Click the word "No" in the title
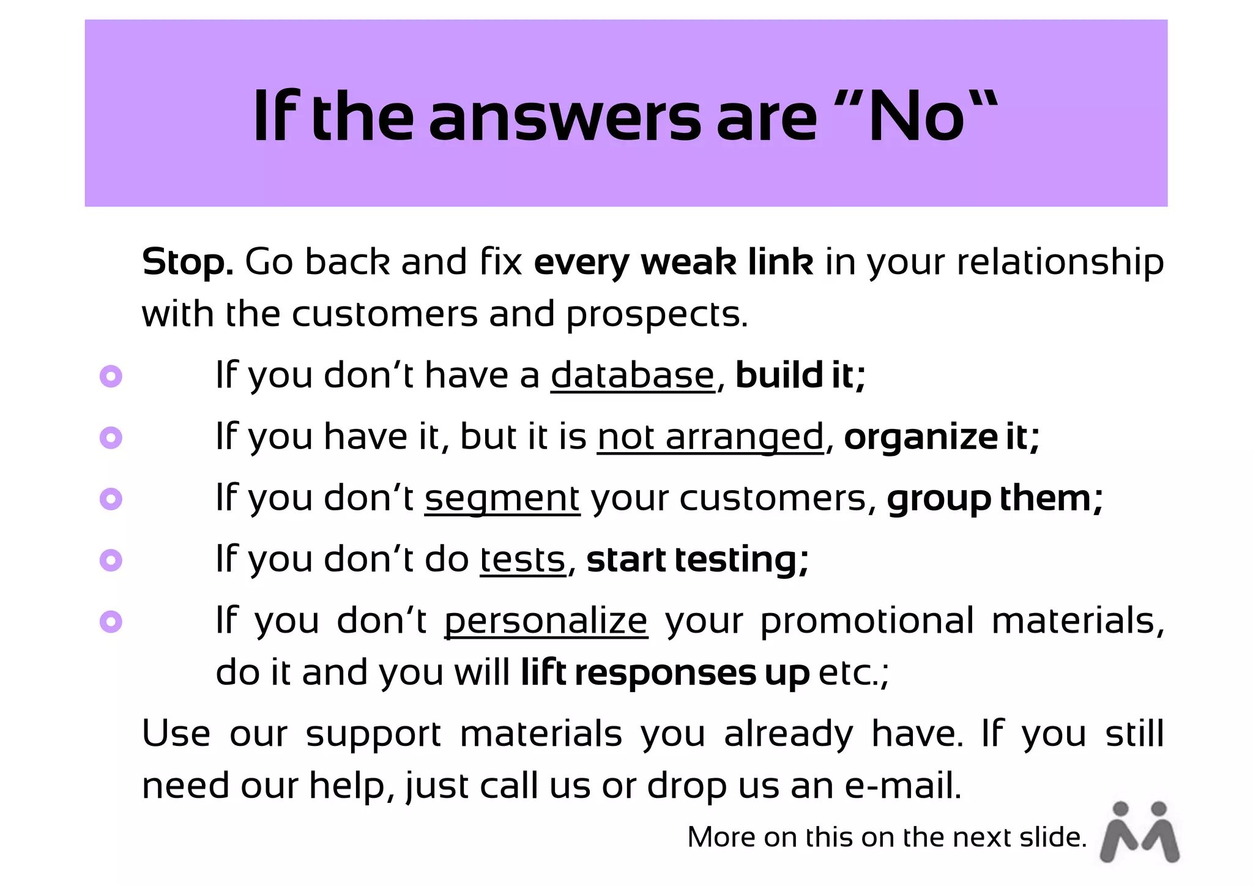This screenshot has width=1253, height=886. tap(916, 116)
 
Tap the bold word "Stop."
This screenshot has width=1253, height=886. tap(187, 262)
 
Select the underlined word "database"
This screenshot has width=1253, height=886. tap(633, 375)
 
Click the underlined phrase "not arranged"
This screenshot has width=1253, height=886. tap(710, 437)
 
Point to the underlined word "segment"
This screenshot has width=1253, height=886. tap(502, 498)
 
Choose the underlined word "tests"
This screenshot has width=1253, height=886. tap(522, 559)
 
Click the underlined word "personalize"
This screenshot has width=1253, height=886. tap(546, 621)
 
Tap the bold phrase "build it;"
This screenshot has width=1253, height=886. tap(800, 375)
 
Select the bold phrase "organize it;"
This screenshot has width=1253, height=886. tap(942, 437)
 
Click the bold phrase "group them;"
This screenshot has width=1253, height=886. tap(995, 498)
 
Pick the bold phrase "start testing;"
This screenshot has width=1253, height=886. tap(697, 559)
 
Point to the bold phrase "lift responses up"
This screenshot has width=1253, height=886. tap(665, 672)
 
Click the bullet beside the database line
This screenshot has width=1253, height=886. tap(111, 376)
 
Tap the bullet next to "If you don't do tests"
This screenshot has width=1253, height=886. tap(111, 560)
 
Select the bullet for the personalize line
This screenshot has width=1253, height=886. tap(111, 622)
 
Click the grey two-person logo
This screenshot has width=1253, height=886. tap(1139, 832)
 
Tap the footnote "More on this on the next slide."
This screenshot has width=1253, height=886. tap(887, 837)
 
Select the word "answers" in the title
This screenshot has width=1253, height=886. tap(564, 116)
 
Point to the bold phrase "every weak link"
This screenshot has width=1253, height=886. tap(674, 262)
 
